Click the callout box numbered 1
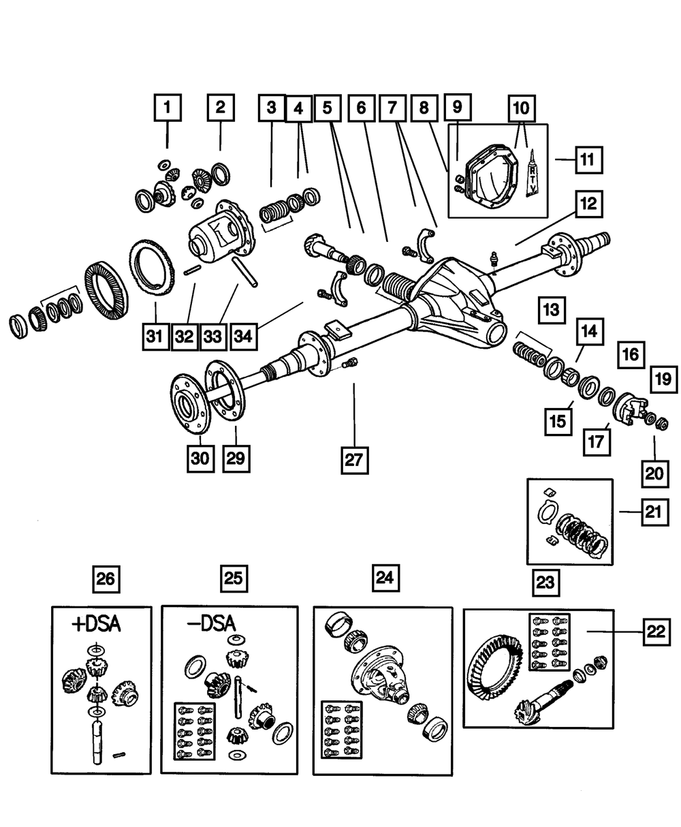[168, 108]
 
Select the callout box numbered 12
[589, 204]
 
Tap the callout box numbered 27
[354, 461]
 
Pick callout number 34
[244, 337]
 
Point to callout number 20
[655, 473]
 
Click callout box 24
[385, 578]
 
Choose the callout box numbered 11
[589, 160]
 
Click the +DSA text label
[96, 625]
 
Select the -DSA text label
[212, 624]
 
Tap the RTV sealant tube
[533, 174]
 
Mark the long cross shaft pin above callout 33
[244, 272]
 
